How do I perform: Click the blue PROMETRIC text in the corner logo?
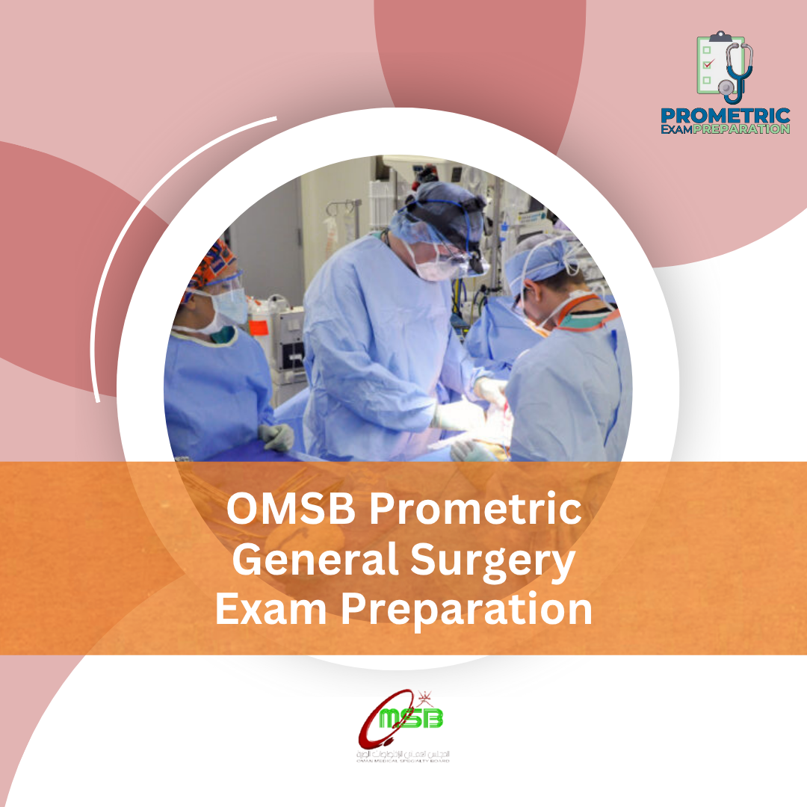725,116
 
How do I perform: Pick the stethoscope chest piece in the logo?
726,87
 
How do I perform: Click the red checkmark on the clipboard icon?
707,64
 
